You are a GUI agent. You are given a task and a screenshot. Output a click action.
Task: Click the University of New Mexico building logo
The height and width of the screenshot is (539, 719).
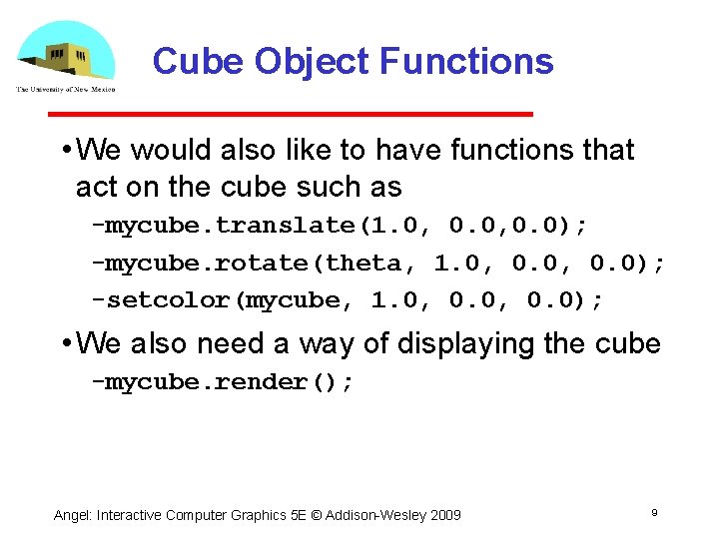click(65, 55)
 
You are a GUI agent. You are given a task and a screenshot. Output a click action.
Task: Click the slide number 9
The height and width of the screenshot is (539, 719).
click(654, 512)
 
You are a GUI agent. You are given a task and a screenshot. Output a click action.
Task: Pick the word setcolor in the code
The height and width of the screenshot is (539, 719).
click(168, 300)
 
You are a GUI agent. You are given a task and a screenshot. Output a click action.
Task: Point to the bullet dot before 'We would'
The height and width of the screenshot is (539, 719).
click(64, 151)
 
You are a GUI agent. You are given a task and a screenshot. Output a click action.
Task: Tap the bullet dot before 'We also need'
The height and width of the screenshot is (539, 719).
click(64, 344)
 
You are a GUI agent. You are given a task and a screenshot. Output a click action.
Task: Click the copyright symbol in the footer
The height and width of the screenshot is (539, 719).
click(321, 515)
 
